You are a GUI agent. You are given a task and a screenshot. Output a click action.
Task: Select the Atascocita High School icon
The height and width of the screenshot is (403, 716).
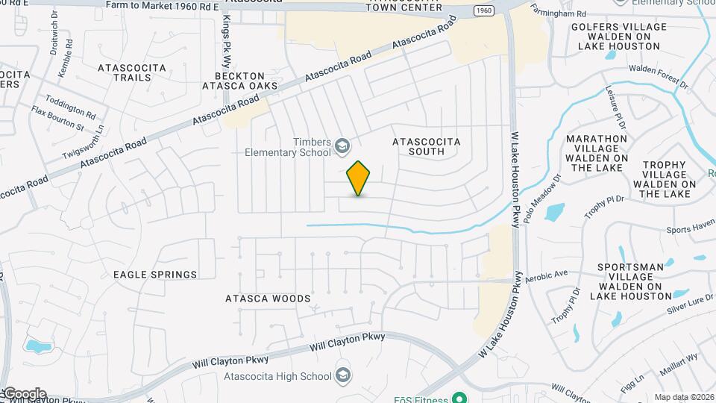[x=343, y=374]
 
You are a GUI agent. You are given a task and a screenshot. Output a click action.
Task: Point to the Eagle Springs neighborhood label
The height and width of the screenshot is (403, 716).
[x=155, y=275]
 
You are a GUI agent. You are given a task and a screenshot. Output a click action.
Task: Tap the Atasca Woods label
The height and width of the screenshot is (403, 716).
[x=268, y=299]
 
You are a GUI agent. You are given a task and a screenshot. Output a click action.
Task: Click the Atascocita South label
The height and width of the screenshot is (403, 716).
[x=427, y=146]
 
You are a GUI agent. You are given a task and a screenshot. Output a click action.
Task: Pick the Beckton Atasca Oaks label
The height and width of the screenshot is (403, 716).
[x=240, y=81]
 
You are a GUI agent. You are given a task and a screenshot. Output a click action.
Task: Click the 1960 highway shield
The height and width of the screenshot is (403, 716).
[x=483, y=11]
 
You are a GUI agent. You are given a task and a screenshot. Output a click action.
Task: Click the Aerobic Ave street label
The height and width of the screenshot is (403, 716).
[x=547, y=275]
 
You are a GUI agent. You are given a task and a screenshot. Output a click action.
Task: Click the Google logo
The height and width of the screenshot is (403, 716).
[x=24, y=394]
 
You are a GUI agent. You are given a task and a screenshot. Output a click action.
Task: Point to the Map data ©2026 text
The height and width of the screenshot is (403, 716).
[x=684, y=397]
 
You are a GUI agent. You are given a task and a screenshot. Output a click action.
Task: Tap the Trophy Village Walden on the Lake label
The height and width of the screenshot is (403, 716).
[x=665, y=179]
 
